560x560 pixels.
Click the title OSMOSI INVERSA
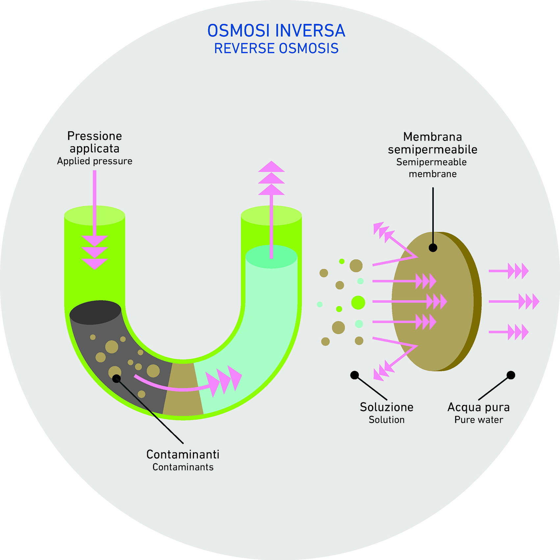pos(276,31)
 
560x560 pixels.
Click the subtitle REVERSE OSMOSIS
pos(276,49)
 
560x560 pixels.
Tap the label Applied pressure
pos(94,161)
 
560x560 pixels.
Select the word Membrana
pos(433,137)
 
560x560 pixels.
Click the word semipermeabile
pos(433,149)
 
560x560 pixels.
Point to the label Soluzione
pos(387,407)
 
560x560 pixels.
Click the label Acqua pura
pos(478,407)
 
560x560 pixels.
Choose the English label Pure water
pos(479,420)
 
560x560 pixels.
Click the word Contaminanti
pos(183,454)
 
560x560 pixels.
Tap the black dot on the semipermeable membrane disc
pos(433,248)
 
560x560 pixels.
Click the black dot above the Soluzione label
pos(355,375)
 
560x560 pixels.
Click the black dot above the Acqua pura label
pos(511,375)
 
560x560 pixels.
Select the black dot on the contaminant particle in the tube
pos(116,379)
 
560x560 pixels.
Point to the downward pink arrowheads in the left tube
pos(94,253)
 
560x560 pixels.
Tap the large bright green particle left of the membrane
pos(358,303)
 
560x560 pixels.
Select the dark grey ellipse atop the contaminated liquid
pos(95,312)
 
